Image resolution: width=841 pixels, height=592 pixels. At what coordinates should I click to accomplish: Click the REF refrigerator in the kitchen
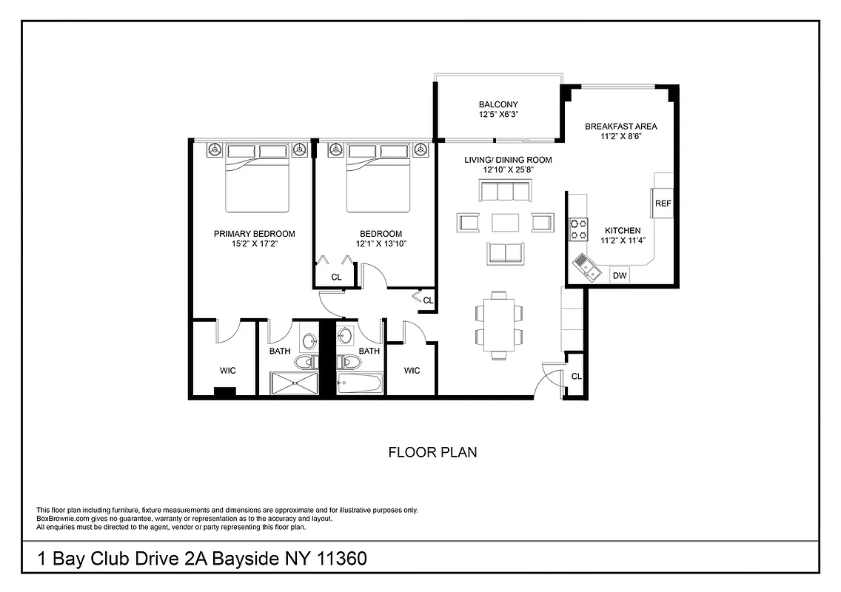(663, 203)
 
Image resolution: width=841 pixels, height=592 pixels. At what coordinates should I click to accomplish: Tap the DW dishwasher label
(620, 276)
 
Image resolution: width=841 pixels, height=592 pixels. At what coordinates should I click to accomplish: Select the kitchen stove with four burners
(577, 229)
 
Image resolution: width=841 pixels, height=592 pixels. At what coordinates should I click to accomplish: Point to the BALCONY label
(497, 105)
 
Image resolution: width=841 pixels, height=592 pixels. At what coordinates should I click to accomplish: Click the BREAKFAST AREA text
(620, 127)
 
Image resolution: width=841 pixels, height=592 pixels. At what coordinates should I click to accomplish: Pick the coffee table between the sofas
(505, 222)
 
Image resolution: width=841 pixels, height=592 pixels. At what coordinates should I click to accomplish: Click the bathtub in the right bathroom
(359, 383)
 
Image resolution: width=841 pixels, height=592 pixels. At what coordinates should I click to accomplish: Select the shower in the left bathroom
(295, 383)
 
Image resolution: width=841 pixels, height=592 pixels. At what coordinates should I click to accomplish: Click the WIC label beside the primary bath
(227, 370)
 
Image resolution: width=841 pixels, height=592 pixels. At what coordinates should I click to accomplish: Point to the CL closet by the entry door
(576, 377)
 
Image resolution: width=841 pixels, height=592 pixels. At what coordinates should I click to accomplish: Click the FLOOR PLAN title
(432, 452)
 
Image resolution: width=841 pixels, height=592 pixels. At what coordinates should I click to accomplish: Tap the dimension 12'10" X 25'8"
(508, 169)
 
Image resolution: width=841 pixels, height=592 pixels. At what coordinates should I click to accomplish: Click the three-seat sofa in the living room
(505, 192)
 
